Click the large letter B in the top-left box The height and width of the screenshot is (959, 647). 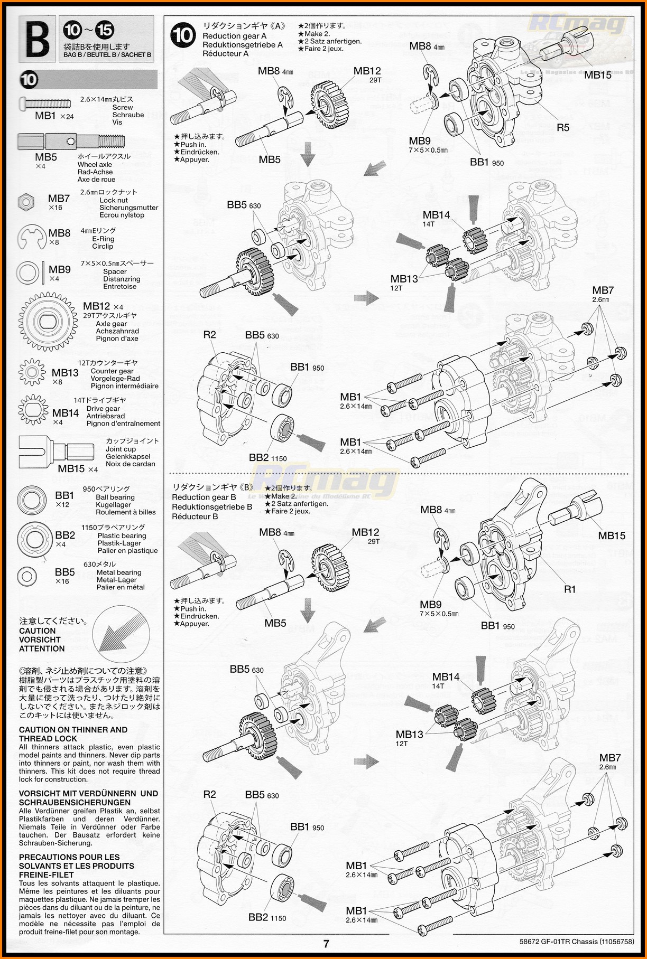(x=36, y=38)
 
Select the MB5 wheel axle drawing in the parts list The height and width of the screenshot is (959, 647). (x=71, y=142)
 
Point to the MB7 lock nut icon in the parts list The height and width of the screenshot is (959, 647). (x=26, y=201)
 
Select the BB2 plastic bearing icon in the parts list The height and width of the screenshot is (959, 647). (x=35, y=539)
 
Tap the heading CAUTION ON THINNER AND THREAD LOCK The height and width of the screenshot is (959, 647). (x=73, y=734)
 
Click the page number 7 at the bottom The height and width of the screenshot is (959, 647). (x=326, y=944)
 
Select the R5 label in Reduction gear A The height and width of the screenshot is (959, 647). (x=563, y=127)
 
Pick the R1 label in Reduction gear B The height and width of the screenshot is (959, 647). (x=569, y=589)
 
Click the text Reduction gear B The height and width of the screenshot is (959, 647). (x=204, y=497)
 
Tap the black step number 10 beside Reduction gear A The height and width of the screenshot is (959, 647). (x=183, y=36)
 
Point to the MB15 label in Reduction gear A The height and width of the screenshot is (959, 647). (x=598, y=75)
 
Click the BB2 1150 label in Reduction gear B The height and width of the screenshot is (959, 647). (x=267, y=918)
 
